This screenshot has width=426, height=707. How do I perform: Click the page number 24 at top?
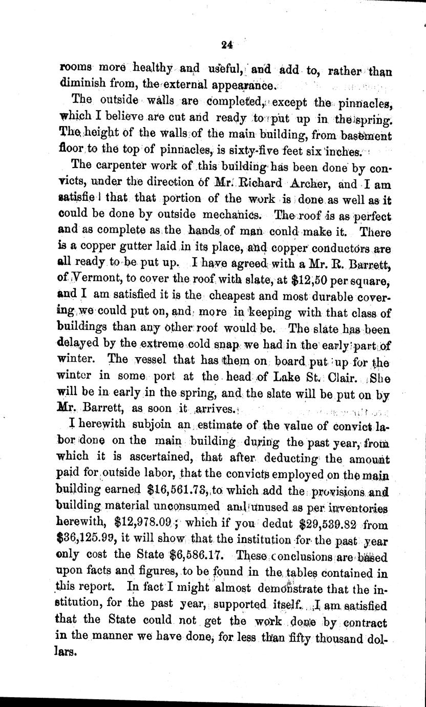point(227,45)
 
